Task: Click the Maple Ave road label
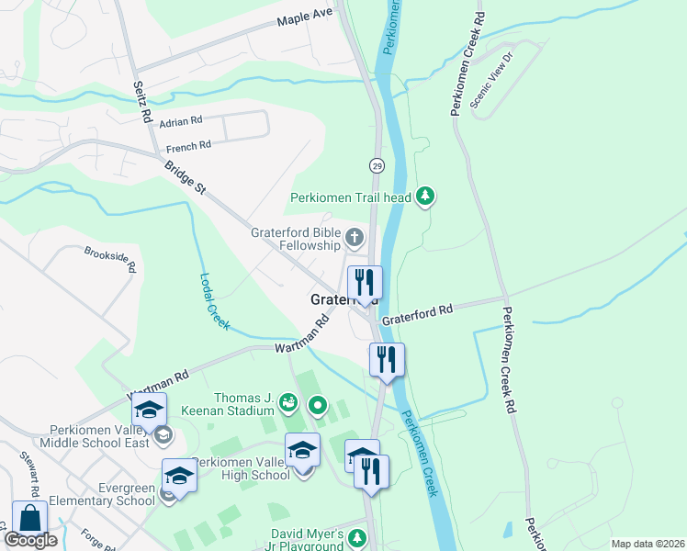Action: (x=308, y=17)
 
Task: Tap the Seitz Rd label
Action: (x=141, y=101)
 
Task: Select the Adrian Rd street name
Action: (x=180, y=122)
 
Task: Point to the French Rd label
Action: (x=188, y=146)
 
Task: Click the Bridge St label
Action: (x=185, y=178)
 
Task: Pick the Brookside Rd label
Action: (x=110, y=260)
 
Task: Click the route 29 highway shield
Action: (x=377, y=165)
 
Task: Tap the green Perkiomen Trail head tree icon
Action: (x=424, y=195)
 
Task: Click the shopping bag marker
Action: (x=29, y=519)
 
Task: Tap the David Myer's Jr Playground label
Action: (x=307, y=539)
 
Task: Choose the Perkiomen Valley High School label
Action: (x=242, y=468)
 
